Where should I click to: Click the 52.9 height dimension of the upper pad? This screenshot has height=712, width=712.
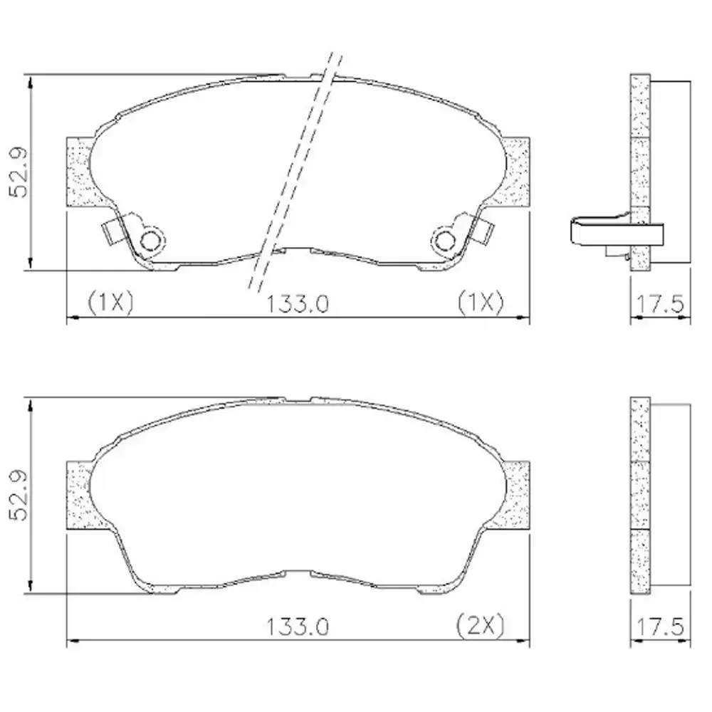pyautogui.click(x=19, y=172)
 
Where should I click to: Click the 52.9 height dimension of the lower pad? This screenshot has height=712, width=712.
pyautogui.click(x=19, y=495)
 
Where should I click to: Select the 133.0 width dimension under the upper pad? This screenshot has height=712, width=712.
pyautogui.click(x=297, y=303)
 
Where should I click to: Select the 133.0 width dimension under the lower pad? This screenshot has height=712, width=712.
pyautogui.click(x=297, y=627)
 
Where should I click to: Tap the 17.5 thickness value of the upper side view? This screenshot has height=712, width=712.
pyautogui.click(x=660, y=303)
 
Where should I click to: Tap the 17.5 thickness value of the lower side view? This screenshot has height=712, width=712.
pyautogui.click(x=660, y=627)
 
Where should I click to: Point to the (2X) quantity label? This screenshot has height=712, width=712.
pyautogui.click(x=481, y=626)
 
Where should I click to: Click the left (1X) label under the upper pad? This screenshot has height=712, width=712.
pyautogui.click(x=111, y=302)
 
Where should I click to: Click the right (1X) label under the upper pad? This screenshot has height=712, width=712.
pyautogui.click(x=481, y=302)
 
